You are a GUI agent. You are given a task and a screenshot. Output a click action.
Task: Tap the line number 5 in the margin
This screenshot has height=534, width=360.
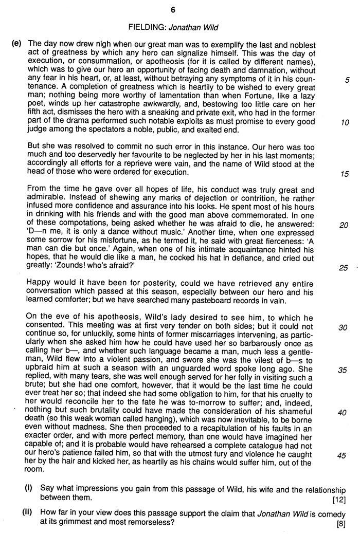click(x=347, y=80)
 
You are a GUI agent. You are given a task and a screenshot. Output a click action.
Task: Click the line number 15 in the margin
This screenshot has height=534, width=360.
click(x=345, y=174)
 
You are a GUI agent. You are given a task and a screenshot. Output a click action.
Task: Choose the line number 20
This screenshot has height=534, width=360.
click(x=345, y=225)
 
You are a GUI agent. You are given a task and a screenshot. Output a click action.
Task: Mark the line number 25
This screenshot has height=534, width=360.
click(x=344, y=268)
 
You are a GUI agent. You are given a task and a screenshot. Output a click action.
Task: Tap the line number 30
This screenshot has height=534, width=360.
click(x=345, y=327)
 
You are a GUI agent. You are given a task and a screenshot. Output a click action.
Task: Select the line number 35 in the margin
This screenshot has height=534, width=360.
click(x=345, y=370)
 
